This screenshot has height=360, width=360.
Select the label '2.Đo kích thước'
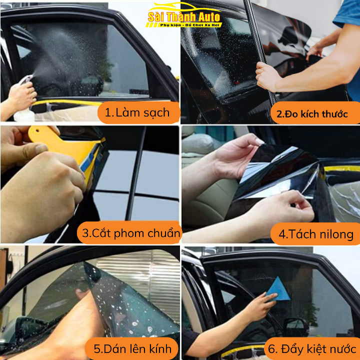tap(312, 113)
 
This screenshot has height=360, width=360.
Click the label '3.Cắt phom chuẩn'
tap(131, 232)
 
